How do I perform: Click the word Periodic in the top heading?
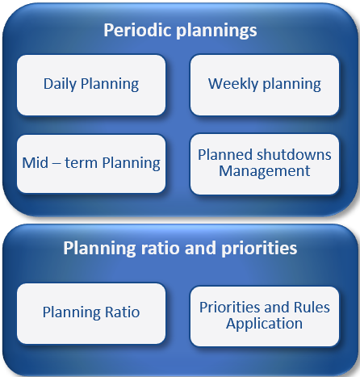138,30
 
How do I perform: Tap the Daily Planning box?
91,86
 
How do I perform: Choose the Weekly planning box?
265,86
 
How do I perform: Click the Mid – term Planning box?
91,164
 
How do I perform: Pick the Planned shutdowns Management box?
265,164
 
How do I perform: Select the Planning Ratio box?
91,313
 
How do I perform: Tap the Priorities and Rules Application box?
265,316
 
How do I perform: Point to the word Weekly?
233,84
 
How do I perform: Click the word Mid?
36,163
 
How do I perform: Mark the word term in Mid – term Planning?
81,163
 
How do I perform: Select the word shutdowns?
294,155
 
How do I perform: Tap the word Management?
265,171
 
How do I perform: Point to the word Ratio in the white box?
123,312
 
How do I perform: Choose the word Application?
264,324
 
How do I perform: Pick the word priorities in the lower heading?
259,249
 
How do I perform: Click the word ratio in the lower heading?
161,248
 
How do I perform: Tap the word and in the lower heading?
200,248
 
